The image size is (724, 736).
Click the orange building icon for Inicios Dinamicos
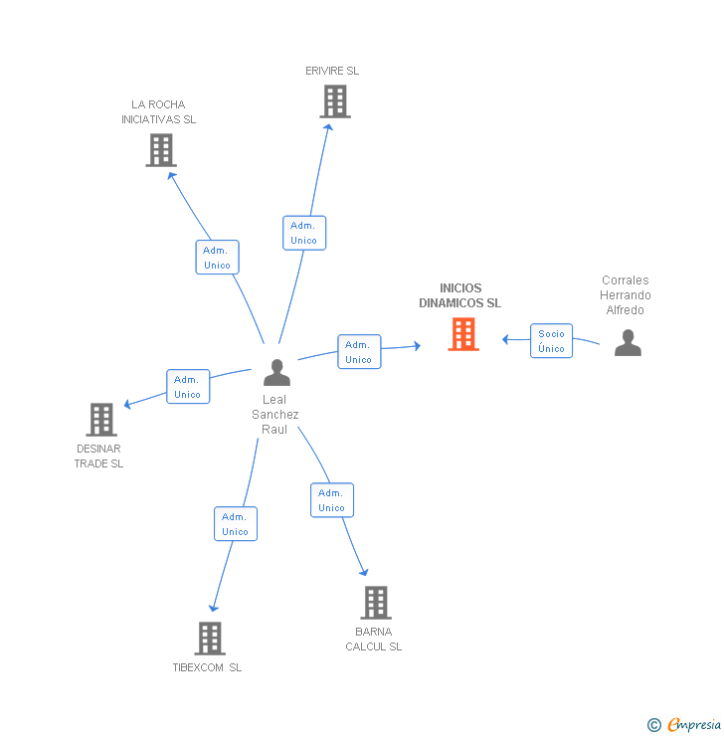[x=463, y=334]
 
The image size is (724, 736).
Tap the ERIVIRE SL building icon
[x=335, y=101]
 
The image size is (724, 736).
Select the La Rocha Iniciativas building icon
[x=160, y=149]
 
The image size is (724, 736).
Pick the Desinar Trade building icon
[x=100, y=420]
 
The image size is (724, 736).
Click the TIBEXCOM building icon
[x=209, y=639]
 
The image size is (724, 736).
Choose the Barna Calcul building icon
[x=375, y=603]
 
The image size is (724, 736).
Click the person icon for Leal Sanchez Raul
[x=276, y=373]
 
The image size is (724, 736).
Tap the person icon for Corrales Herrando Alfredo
[x=628, y=343]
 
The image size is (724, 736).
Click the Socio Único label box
[x=551, y=341]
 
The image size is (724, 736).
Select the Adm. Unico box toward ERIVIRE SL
[x=303, y=233]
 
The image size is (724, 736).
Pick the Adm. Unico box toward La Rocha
[x=217, y=258]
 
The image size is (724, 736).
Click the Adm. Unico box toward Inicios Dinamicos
[x=358, y=352]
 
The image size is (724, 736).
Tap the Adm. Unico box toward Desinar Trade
[x=187, y=387]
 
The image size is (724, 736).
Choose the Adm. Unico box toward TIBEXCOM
[x=235, y=524]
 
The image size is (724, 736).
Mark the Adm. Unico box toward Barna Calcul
[x=331, y=500]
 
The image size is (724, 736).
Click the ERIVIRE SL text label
[x=332, y=72]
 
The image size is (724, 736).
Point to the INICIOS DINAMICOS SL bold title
[x=459, y=295]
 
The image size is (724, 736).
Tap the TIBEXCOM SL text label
[x=207, y=667]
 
